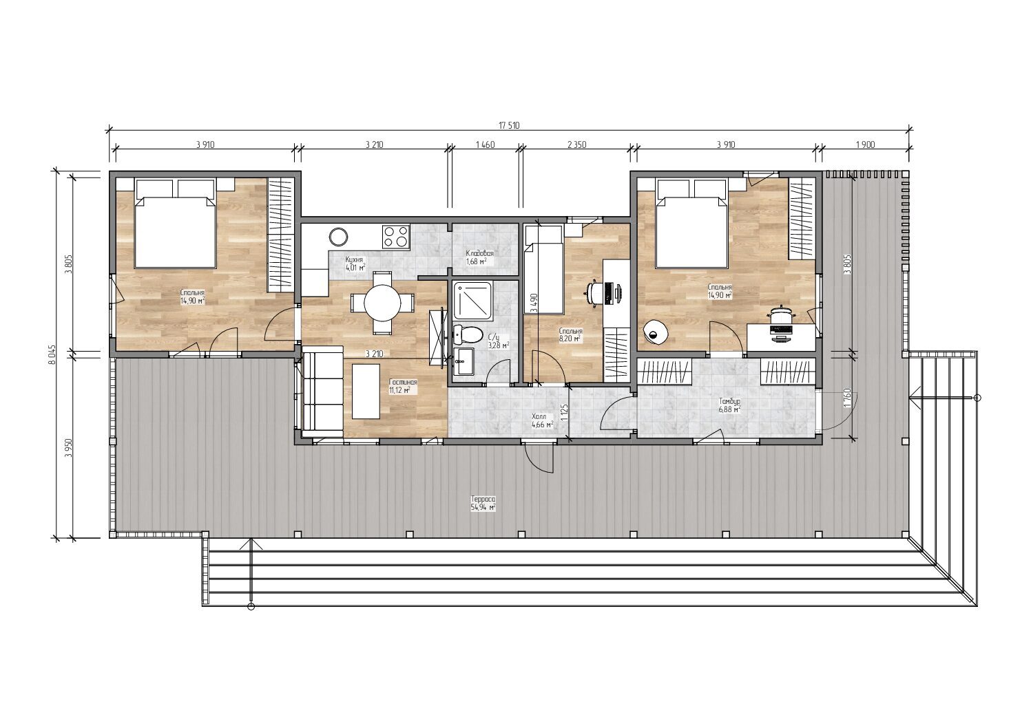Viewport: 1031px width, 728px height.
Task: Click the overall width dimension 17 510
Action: pyautogui.click(x=509, y=125)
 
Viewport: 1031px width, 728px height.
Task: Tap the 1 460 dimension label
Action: pyautogui.click(x=485, y=145)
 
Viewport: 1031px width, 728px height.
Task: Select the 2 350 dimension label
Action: pyautogui.click(x=576, y=145)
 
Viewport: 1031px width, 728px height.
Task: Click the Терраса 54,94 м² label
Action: pyautogui.click(x=483, y=504)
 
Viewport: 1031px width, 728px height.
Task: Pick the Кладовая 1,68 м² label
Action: pyautogui.click(x=479, y=257)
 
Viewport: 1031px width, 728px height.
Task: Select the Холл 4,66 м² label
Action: pyautogui.click(x=542, y=421)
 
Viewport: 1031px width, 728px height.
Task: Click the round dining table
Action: pyautogui.click(x=382, y=303)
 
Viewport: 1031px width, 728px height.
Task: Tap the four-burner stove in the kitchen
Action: pyautogui.click(x=395, y=237)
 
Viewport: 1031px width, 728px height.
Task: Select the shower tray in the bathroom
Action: pyautogui.click(x=474, y=301)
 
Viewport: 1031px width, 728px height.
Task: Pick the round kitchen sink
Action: pyautogui.click(x=338, y=237)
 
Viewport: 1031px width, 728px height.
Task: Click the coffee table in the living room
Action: pyautogui.click(x=366, y=392)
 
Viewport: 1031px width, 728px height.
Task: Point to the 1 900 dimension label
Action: pyautogui.click(x=865, y=145)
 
